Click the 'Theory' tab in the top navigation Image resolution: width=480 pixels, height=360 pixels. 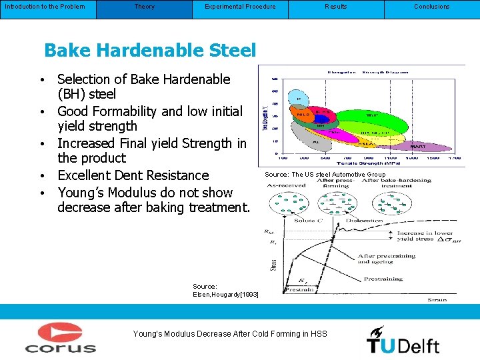[144, 7]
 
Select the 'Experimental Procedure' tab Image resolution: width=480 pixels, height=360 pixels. [240, 7]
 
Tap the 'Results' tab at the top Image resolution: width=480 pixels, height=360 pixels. [335, 7]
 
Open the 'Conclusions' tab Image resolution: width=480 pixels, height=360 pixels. [431, 7]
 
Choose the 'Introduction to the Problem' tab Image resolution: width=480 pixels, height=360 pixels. [45, 7]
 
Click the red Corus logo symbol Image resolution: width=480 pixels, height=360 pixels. [60, 332]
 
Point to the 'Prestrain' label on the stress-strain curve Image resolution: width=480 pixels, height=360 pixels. [299, 289]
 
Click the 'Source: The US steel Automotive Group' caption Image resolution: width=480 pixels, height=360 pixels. [325, 175]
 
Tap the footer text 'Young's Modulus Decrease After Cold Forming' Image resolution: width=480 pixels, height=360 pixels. [230, 333]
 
